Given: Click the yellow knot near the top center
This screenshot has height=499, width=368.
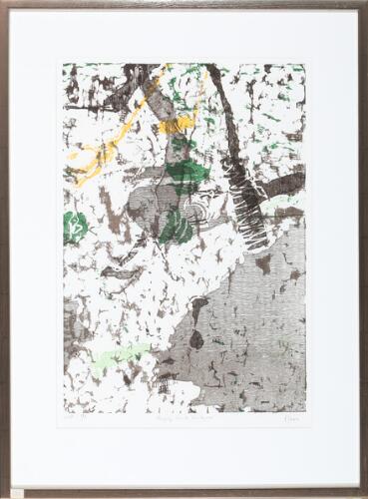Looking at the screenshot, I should coord(177,125).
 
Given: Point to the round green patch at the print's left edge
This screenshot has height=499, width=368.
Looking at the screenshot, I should coord(75,227).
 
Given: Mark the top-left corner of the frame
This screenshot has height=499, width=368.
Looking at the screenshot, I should coord(4,4).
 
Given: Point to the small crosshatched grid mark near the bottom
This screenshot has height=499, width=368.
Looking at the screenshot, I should coord(166,383).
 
